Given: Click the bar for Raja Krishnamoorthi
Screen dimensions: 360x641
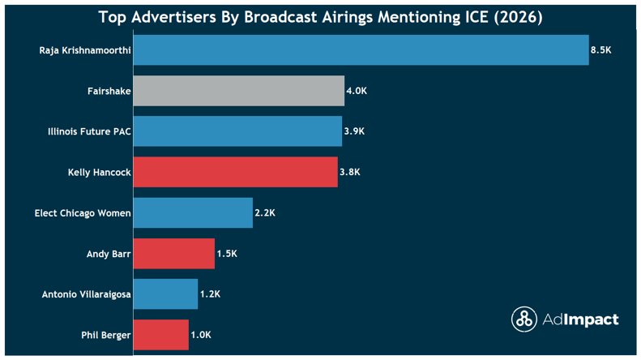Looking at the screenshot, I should pyautogui.click(x=361, y=50).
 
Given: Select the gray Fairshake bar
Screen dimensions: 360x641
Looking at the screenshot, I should pyautogui.click(x=239, y=91).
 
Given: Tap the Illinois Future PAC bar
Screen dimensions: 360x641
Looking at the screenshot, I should pyautogui.click(x=237, y=131).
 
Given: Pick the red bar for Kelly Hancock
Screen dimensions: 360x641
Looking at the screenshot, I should pyautogui.click(x=235, y=172).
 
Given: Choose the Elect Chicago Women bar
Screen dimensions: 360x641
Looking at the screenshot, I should pyautogui.click(x=193, y=212).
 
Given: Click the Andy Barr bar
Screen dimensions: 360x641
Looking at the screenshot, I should pyautogui.click(x=174, y=253).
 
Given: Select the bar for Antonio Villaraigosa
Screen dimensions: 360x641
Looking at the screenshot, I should pyautogui.click(x=165, y=294).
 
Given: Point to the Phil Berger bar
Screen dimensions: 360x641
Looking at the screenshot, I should pyautogui.click(x=160, y=334).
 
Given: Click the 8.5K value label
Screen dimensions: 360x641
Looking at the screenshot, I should pyautogui.click(x=600, y=50).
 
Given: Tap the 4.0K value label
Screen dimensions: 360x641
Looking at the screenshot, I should pyautogui.click(x=357, y=91).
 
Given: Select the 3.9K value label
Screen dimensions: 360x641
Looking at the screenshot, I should pyautogui.click(x=354, y=131).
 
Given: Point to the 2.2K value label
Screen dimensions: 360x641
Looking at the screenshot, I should pyautogui.click(x=265, y=212).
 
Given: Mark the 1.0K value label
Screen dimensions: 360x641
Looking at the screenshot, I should pyautogui.click(x=201, y=334).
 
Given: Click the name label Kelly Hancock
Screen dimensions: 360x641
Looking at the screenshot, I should pyautogui.click(x=100, y=172).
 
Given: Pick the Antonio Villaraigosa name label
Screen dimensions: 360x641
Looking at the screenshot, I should pyautogui.click(x=86, y=294).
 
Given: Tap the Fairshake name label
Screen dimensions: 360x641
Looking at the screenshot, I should pyautogui.click(x=109, y=91).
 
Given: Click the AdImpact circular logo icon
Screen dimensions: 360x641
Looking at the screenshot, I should pyautogui.click(x=523, y=319).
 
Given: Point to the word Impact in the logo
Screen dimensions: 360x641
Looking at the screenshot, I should pyautogui.click(x=591, y=319).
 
